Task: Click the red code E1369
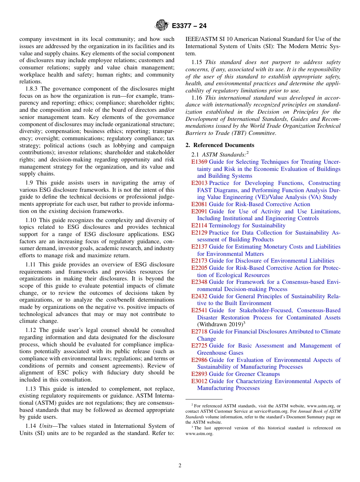pyautogui.click(x=199, y=162)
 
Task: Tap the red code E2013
pyautogui.click(x=199, y=183)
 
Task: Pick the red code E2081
pyautogui.click(x=199, y=204)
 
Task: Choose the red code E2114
pyautogui.click(x=199, y=225)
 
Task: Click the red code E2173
pyautogui.click(x=199, y=261)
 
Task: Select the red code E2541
pyautogui.click(x=199, y=310)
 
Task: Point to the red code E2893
pyautogui.click(x=199, y=374)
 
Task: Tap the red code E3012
pyautogui.click(x=199, y=381)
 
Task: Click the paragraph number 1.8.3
pyautogui.click(x=33, y=89)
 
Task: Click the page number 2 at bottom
pyautogui.click(x=180, y=466)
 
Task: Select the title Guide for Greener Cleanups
pyautogui.click(x=244, y=374)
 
